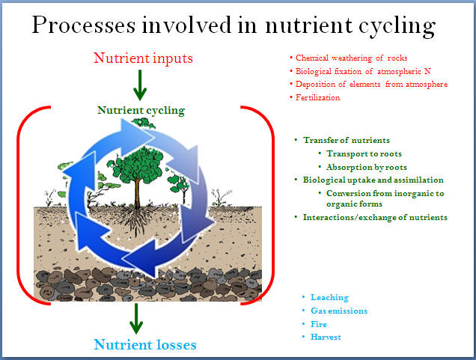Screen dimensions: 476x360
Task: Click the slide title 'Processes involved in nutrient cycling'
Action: [234, 25]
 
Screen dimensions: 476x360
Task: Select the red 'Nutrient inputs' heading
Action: [143, 58]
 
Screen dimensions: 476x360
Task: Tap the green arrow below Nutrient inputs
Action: [140, 85]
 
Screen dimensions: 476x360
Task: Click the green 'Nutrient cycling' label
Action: [141, 111]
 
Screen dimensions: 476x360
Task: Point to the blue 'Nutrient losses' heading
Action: [145, 344]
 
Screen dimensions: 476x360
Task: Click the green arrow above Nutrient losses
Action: [136, 318]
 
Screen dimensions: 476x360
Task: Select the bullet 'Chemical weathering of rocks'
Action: [351, 58]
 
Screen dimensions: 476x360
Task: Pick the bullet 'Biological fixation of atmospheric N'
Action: [363, 71]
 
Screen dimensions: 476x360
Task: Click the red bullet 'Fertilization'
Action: [317, 97]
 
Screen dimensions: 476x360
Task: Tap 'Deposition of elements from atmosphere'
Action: [371, 84]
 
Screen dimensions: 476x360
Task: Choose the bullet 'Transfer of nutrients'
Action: [347, 140]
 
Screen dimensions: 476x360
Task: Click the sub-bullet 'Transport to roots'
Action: [364, 153]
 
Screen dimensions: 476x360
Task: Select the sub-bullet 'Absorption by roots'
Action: [367, 167]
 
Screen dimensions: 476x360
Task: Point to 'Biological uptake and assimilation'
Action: [373, 180]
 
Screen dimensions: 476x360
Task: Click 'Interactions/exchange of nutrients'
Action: [375, 217]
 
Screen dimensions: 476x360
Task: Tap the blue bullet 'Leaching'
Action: [329, 297]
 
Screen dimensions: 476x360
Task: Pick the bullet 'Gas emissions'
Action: [339, 311]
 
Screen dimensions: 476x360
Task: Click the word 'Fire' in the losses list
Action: [319, 324]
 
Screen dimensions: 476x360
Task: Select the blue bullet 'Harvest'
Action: [326, 337]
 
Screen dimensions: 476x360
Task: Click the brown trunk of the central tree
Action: [138, 194]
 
